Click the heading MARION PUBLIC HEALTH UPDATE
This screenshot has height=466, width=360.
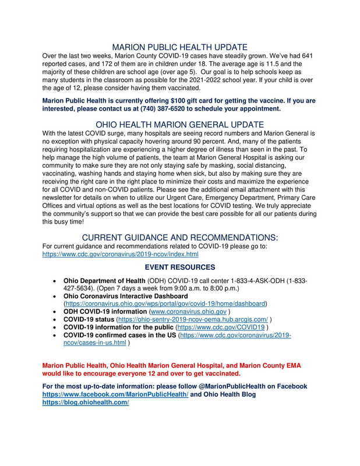180,46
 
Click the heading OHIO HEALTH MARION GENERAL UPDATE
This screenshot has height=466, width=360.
180,124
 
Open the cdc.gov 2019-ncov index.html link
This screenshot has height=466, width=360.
121,255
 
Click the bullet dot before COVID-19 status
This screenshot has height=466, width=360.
54,320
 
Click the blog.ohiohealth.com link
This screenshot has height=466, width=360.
85,403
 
